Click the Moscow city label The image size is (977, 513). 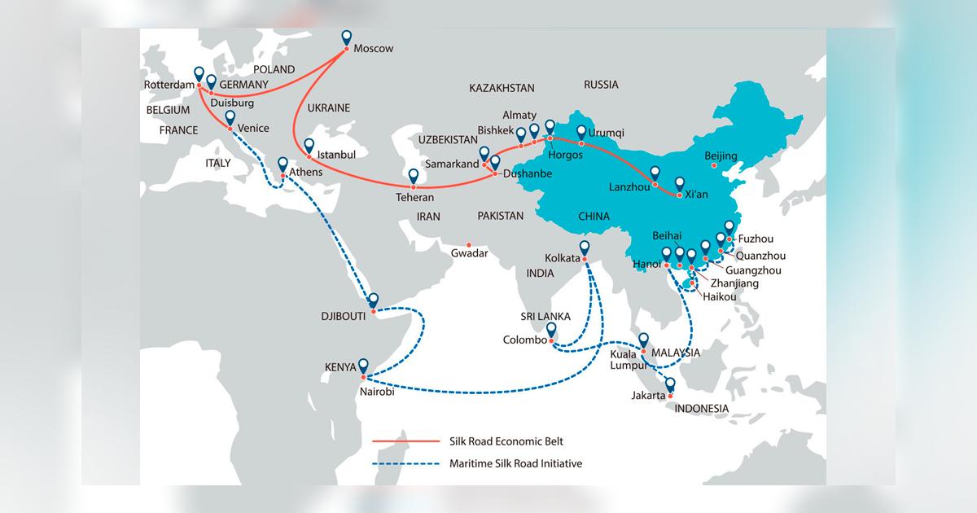(x=373, y=49)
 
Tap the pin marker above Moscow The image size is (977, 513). (x=346, y=37)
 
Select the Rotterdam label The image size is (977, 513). (x=168, y=84)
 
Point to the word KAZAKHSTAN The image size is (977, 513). (x=502, y=88)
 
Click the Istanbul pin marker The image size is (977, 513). (x=309, y=147)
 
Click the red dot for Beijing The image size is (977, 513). (x=713, y=167)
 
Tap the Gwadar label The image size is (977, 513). (x=469, y=254)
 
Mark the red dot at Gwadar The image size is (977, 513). (x=468, y=243)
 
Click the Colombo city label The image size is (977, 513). (x=525, y=340)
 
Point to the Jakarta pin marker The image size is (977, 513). (x=671, y=385)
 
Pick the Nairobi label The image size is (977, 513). (x=375, y=392)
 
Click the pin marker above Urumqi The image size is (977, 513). (x=581, y=133)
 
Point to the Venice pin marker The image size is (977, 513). (x=230, y=119)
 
